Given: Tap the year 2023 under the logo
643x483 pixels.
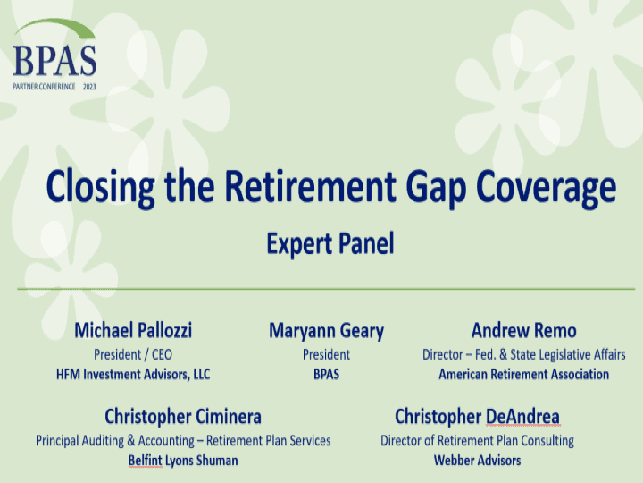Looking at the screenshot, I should pyautogui.click(x=88, y=87).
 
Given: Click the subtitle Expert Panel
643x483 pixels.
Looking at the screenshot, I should pyautogui.click(x=330, y=243).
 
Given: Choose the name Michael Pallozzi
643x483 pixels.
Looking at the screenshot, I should pyautogui.click(x=133, y=331).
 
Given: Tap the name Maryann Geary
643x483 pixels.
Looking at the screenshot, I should pyautogui.click(x=326, y=331).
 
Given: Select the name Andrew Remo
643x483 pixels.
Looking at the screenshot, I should pyautogui.click(x=523, y=331).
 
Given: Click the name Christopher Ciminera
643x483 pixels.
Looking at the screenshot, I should pyautogui.click(x=183, y=416).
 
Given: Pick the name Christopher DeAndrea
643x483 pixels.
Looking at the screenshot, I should pyautogui.click(x=477, y=416).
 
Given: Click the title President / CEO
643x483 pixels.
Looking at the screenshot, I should pyautogui.click(x=133, y=354).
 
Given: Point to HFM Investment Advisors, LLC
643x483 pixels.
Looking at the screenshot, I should pyautogui.click(x=133, y=374).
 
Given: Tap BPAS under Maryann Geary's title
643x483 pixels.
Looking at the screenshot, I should pyautogui.click(x=326, y=374).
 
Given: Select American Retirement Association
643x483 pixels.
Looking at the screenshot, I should pyautogui.click(x=523, y=374).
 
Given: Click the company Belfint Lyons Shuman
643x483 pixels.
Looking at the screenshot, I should pyautogui.click(x=183, y=460).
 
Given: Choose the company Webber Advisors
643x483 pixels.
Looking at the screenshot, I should pyautogui.click(x=477, y=460).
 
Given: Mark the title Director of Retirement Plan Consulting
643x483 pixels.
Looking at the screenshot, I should pyautogui.click(x=477, y=440).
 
